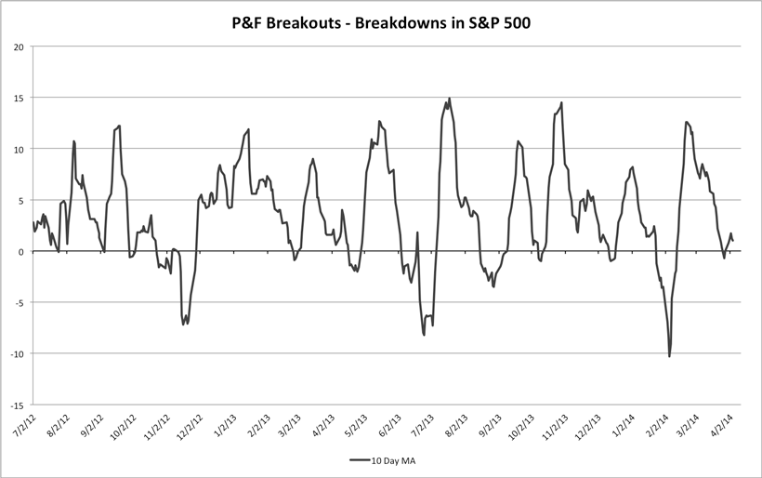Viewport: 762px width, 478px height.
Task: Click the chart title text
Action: [x=381, y=20]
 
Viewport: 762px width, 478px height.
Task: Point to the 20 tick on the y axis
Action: [x=19, y=46]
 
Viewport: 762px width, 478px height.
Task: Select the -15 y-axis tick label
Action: [x=17, y=405]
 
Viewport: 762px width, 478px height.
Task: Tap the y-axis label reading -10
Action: [x=17, y=353]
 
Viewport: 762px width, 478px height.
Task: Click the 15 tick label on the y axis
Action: [x=19, y=98]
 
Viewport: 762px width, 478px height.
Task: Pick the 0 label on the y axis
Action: [x=21, y=251]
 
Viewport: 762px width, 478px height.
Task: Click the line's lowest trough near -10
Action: [x=669, y=356]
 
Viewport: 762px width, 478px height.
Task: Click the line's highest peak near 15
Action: [x=450, y=99]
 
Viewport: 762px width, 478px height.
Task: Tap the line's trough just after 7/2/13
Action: [x=425, y=334]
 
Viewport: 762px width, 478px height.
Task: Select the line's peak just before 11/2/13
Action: [x=561, y=102]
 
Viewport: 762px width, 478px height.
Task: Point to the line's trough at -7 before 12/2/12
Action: [x=184, y=324]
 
